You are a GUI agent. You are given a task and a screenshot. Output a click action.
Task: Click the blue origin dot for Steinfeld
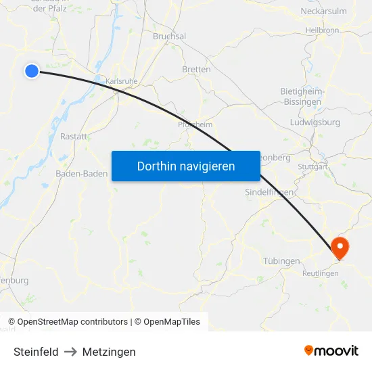click(32, 70)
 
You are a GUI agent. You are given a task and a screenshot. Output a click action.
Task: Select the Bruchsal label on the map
click(169, 37)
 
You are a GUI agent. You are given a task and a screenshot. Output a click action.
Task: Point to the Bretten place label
click(196, 69)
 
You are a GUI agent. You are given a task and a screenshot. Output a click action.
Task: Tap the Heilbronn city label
click(322, 30)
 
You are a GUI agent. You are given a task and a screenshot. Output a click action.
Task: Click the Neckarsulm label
click(323, 11)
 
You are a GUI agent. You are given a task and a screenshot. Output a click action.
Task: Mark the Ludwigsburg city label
click(315, 122)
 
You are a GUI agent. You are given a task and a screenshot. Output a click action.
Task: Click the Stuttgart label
click(312, 166)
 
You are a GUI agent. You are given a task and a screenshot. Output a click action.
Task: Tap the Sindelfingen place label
click(269, 192)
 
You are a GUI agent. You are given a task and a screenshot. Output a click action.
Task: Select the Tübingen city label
click(281, 261)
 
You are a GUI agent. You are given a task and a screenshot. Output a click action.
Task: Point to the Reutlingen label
click(320, 273)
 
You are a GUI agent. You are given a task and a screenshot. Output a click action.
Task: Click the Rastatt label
click(74, 136)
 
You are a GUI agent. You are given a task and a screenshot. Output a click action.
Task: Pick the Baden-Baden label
click(81, 174)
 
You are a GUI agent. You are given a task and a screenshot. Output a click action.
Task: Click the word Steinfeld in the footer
click(36, 352)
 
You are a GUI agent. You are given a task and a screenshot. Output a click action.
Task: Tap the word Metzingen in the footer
click(109, 352)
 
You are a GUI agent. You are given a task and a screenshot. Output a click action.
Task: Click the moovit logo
click(331, 350)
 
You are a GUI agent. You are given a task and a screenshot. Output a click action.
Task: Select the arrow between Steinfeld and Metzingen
click(70, 352)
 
